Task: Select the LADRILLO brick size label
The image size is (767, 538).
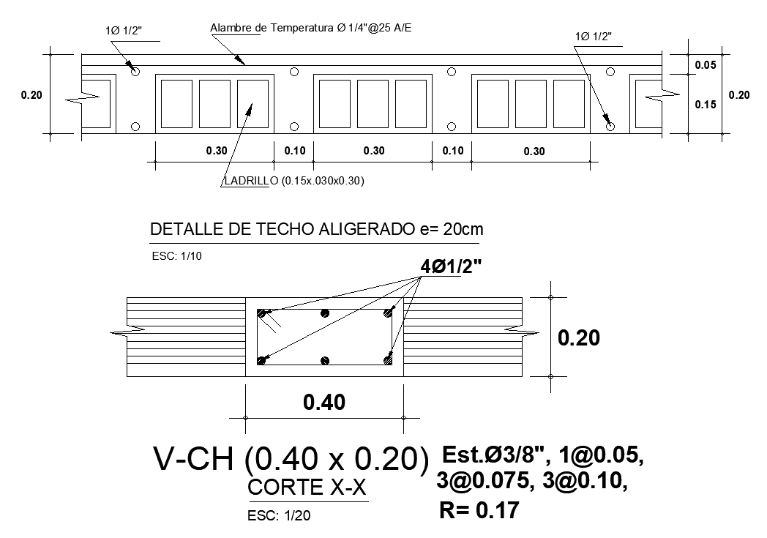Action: point(294,181)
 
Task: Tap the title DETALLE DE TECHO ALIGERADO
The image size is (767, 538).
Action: point(316,230)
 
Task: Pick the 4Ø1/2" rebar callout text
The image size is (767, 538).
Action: point(451,267)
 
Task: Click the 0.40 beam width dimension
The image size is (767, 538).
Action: point(324,401)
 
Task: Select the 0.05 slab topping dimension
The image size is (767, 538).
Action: point(705,65)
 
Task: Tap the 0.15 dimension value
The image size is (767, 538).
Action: point(705,104)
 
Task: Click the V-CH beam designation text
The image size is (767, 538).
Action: point(291,459)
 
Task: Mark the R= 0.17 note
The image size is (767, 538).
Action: point(479,510)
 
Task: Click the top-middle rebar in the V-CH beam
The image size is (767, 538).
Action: point(326,313)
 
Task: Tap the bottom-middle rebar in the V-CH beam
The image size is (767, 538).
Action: point(326,360)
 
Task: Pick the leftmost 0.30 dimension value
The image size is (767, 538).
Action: point(216,151)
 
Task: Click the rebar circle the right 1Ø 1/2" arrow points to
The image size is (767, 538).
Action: point(611,127)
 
